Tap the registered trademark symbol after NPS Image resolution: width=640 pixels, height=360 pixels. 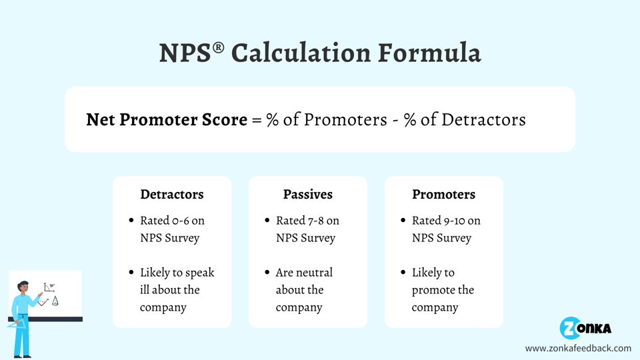pos(219,48)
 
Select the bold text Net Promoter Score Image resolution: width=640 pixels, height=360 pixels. pos(167,120)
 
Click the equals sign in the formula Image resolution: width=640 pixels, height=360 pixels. pos(257,121)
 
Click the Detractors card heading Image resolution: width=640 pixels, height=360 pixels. pos(171,195)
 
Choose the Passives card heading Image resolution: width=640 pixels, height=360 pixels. pos(307,195)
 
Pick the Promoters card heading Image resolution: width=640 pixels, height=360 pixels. pos(443,195)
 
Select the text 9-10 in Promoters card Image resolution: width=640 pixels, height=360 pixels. pos(454,221)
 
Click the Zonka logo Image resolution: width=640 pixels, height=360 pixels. pos(585,328)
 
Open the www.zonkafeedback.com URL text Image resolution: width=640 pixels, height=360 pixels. pos(577,348)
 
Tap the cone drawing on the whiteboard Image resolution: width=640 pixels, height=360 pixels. pos(55,301)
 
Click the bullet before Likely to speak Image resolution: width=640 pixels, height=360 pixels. pos(131,273)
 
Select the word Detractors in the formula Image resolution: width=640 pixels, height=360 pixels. pos(483,120)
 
